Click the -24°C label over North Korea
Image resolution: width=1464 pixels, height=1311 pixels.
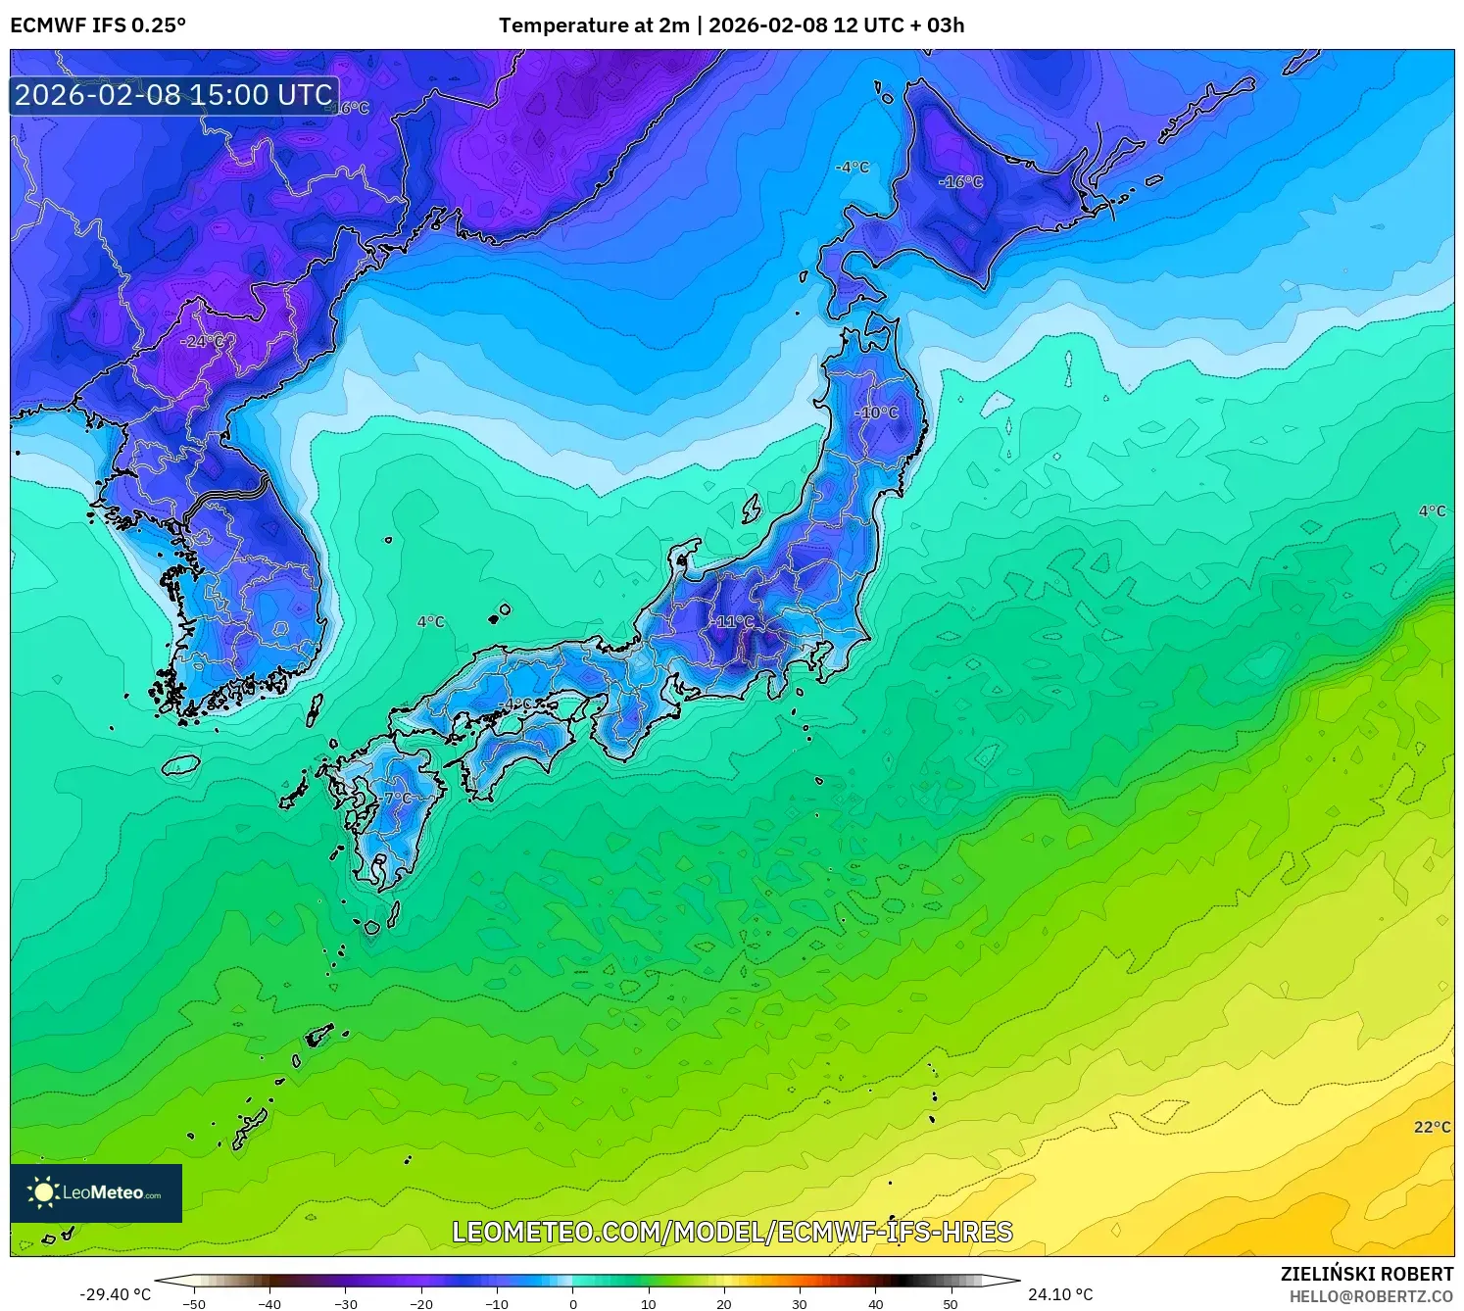(203, 341)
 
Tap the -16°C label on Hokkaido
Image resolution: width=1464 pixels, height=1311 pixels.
(960, 181)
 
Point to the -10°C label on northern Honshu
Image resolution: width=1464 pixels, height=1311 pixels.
(876, 413)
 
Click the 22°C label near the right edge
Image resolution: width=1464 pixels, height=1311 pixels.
(1432, 1127)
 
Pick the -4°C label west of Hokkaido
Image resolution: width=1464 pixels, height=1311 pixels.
(852, 168)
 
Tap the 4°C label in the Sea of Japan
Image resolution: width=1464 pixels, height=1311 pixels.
(430, 621)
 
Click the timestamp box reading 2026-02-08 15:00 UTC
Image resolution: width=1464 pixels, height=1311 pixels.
(174, 95)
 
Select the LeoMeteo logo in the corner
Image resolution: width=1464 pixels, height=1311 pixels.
(96, 1192)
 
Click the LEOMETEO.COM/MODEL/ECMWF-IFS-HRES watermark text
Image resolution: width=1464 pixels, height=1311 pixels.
(732, 1232)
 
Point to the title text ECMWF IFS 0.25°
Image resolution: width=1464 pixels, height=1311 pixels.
(98, 25)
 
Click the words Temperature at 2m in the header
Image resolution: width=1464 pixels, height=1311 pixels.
(594, 25)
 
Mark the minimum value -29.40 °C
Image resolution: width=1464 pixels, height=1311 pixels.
(116, 1294)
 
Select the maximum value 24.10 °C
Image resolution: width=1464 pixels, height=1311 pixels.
(1060, 1294)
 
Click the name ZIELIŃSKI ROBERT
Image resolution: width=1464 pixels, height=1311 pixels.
(1367, 1274)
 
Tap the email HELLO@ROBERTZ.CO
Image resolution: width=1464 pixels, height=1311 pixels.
(1371, 1296)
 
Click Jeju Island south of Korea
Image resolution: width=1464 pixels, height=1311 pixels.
(181, 764)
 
